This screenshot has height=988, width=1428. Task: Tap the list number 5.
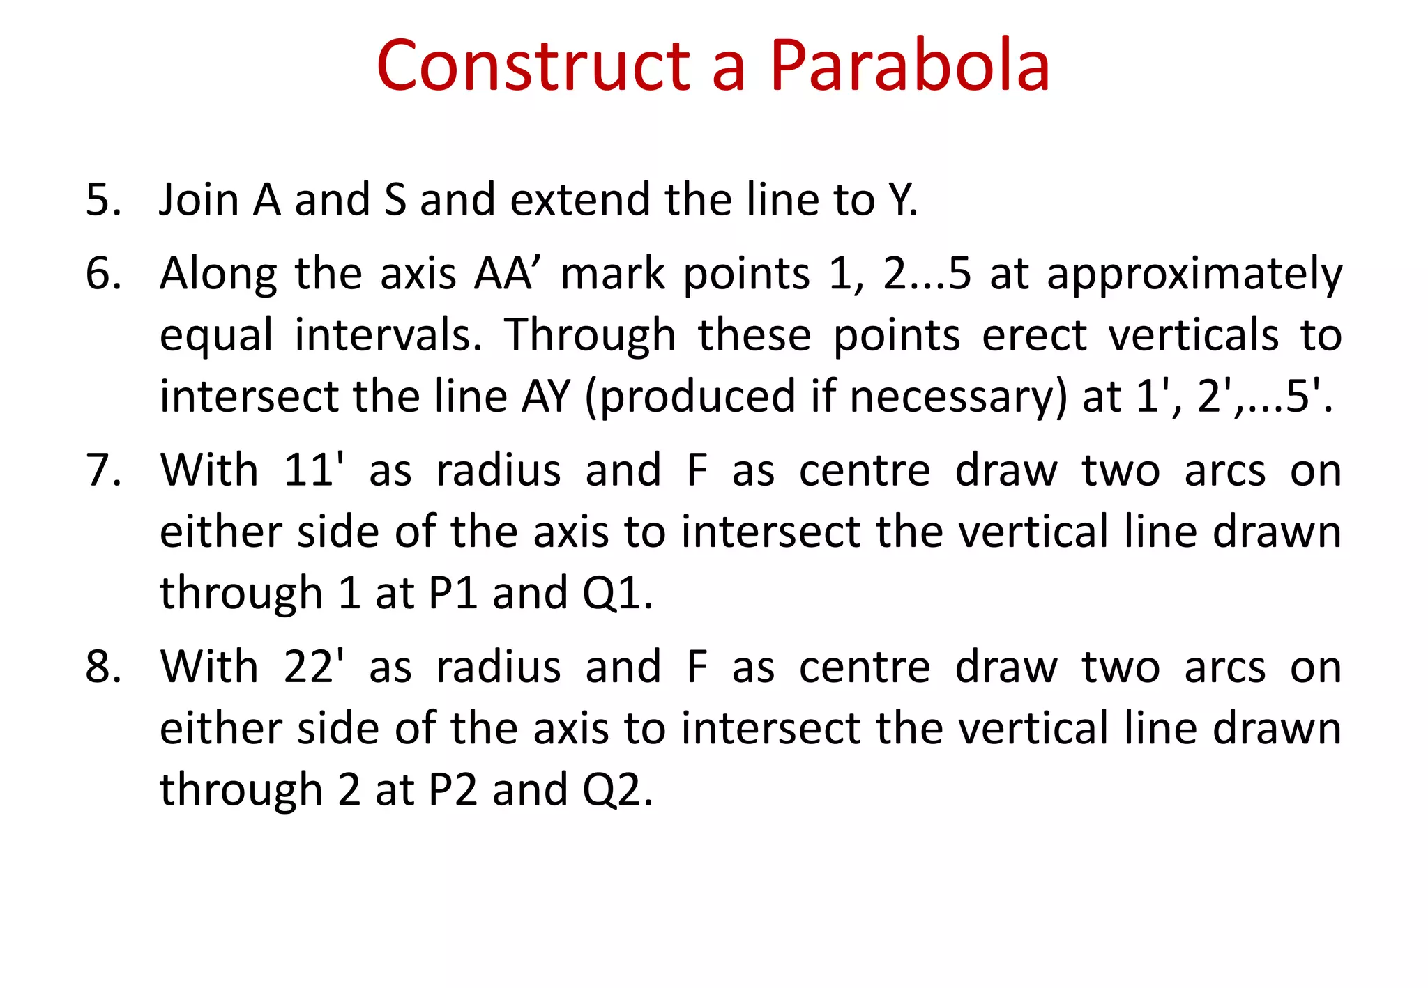click(x=102, y=199)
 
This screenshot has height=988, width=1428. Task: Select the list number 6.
click(x=102, y=273)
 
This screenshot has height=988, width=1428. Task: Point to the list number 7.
click(x=102, y=470)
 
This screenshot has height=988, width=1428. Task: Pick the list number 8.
click(x=102, y=667)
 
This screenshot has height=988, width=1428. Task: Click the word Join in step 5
click(x=199, y=199)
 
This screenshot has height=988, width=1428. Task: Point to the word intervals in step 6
click(x=388, y=335)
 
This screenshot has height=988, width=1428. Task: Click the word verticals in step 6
click(x=1193, y=335)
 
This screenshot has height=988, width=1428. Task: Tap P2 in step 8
click(x=453, y=790)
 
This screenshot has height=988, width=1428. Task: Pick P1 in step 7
click(x=453, y=594)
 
